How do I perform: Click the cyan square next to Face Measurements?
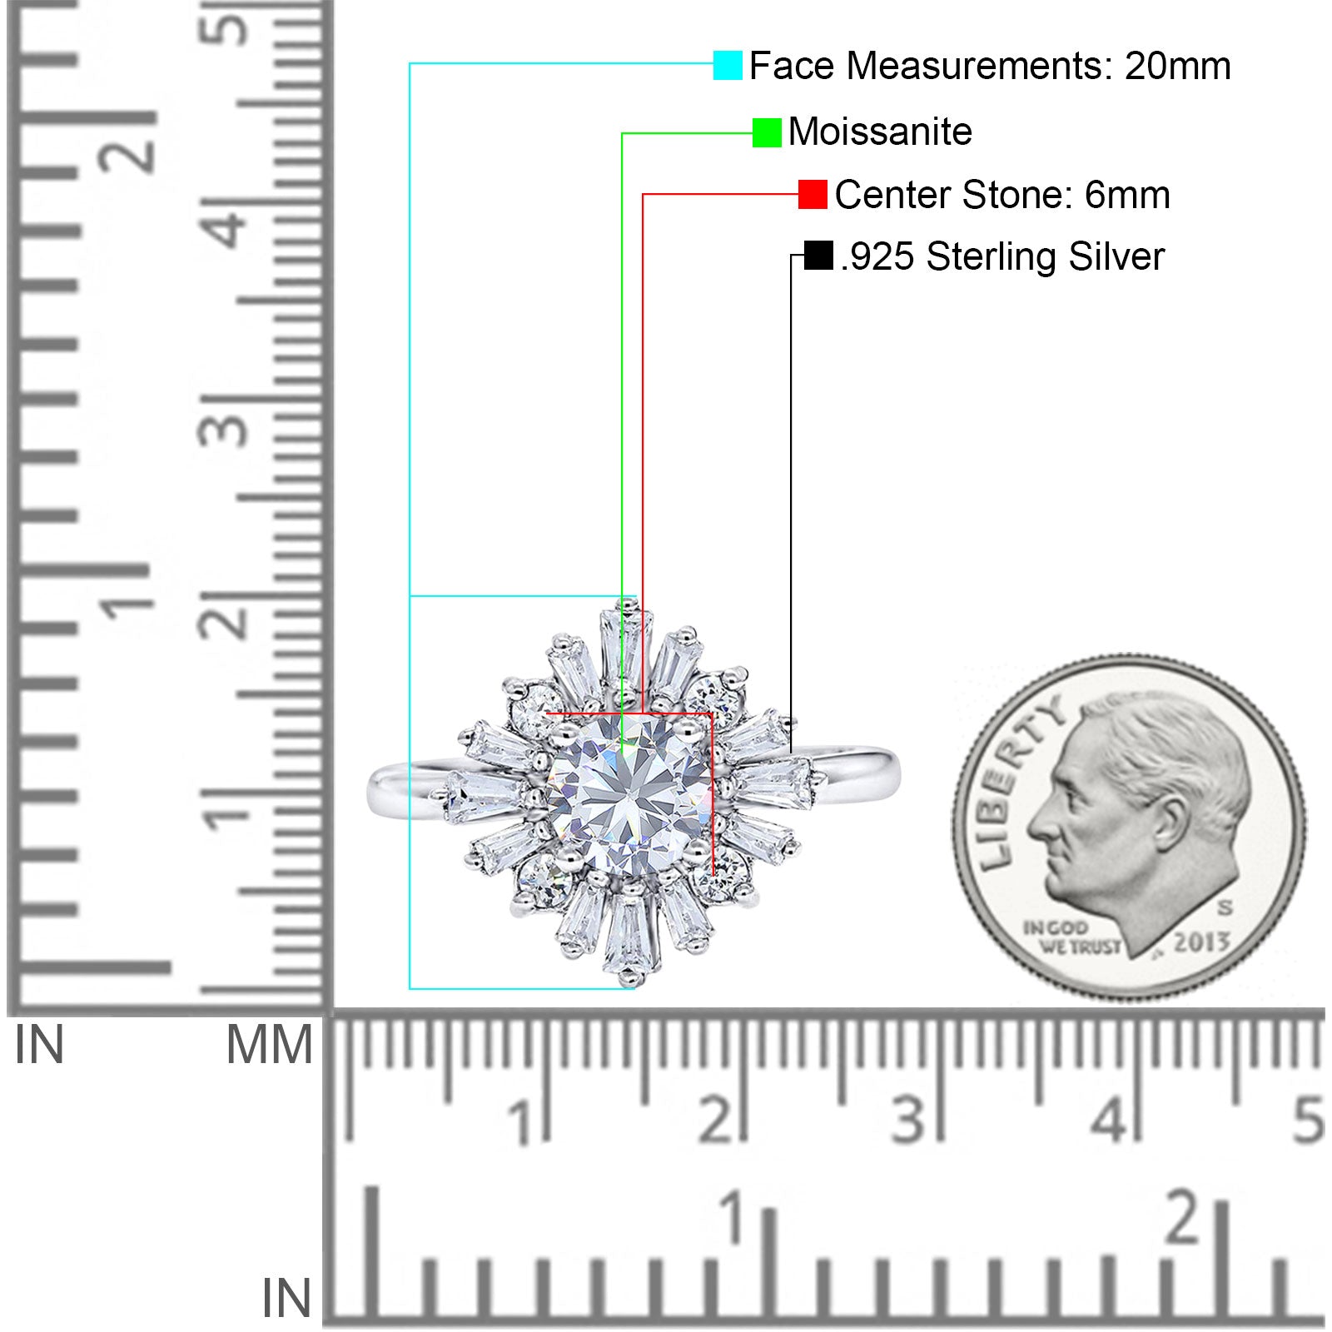[728, 65]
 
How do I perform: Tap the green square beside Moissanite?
[767, 132]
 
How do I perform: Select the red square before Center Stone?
[813, 194]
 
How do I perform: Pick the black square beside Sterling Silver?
[818, 256]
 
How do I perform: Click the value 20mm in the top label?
[1177, 66]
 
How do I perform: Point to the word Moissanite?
[880, 132]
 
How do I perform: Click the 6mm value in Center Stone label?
[1127, 195]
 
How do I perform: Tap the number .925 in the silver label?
[877, 256]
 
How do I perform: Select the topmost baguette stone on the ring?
[627, 650]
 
